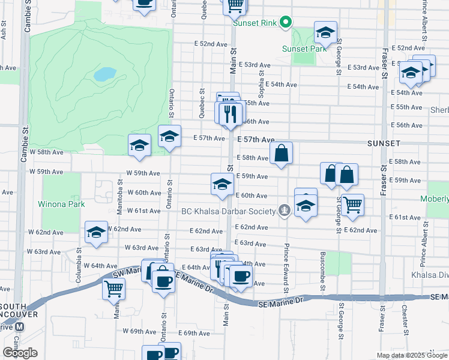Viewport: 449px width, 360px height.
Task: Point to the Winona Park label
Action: pos(61,205)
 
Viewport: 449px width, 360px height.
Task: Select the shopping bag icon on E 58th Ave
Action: pos(281,154)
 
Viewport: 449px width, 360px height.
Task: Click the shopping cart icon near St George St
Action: pos(352,204)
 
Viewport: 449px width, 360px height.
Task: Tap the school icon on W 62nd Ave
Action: pos(96,232)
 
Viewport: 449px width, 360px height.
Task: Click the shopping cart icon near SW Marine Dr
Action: pos(113,289)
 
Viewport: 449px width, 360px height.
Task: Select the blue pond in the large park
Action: pos(105,74)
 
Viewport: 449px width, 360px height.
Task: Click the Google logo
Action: pos(20,353)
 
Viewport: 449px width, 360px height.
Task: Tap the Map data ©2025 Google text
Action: pos(412,355)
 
